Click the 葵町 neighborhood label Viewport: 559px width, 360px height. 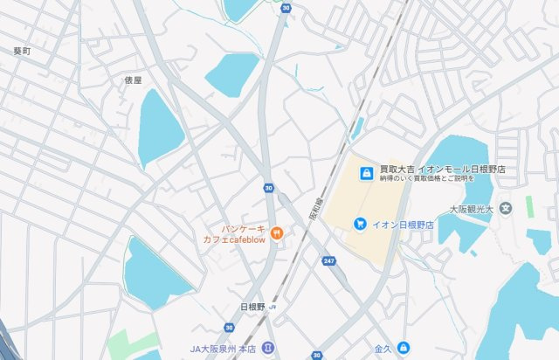pyautogui.click(x=22, y=52)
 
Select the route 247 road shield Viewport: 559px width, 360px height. pyautogui.click(x=328, y=261)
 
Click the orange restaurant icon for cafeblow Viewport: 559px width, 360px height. pyautogui.click(x=276, y=232)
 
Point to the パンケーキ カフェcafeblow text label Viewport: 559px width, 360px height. pyautogui.click(x=234, y=233)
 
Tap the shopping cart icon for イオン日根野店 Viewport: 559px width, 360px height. pyautogui.click(x=359, y=225)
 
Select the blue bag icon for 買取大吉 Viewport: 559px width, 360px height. pyautogui.click(x=367, y=169)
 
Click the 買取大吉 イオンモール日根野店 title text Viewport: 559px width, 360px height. pyautogui.click(x=443, y=169)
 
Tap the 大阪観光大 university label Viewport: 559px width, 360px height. pyautogui.click(x=473, y=210)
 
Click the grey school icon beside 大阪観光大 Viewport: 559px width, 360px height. pyautogui.click(x=506, y=210)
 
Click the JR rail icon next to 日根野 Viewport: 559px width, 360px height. pyautogui.click(x=273, y=308)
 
